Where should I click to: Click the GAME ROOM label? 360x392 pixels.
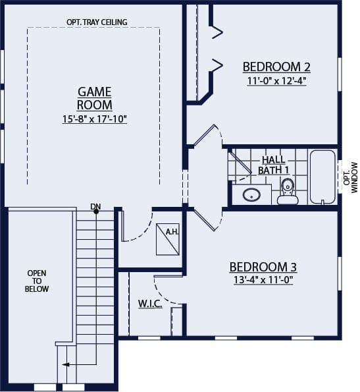[95, 99]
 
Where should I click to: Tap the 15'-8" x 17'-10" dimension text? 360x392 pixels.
[95, 119]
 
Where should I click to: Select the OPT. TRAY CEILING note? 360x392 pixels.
[97, 22]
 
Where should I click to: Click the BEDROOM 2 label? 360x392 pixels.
[276, 67]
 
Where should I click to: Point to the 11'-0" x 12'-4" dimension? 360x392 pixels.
[276, 81]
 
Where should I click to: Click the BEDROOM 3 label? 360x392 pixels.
[263, 267]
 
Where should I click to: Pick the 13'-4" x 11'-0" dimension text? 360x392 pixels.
[263, 280]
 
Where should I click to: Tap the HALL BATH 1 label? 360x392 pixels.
[274, 165]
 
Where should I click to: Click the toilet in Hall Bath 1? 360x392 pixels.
[288, 191]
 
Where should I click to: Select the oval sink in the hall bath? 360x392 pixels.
[251, 194]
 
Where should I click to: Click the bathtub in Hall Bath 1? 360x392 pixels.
[322, 177]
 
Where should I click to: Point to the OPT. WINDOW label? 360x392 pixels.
[350, 177]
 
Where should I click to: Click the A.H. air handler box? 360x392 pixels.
[168, 239]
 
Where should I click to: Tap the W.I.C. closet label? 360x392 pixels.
[150, 304]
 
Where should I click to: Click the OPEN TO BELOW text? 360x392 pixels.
[37, 281]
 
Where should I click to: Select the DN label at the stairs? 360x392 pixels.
[95, 206]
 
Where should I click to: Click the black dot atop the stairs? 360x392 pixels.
[96, 211]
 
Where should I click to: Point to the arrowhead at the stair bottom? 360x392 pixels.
[65, 365]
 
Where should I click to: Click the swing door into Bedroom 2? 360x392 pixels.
[208, 135]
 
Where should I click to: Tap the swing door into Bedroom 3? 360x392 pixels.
[208, 220]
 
